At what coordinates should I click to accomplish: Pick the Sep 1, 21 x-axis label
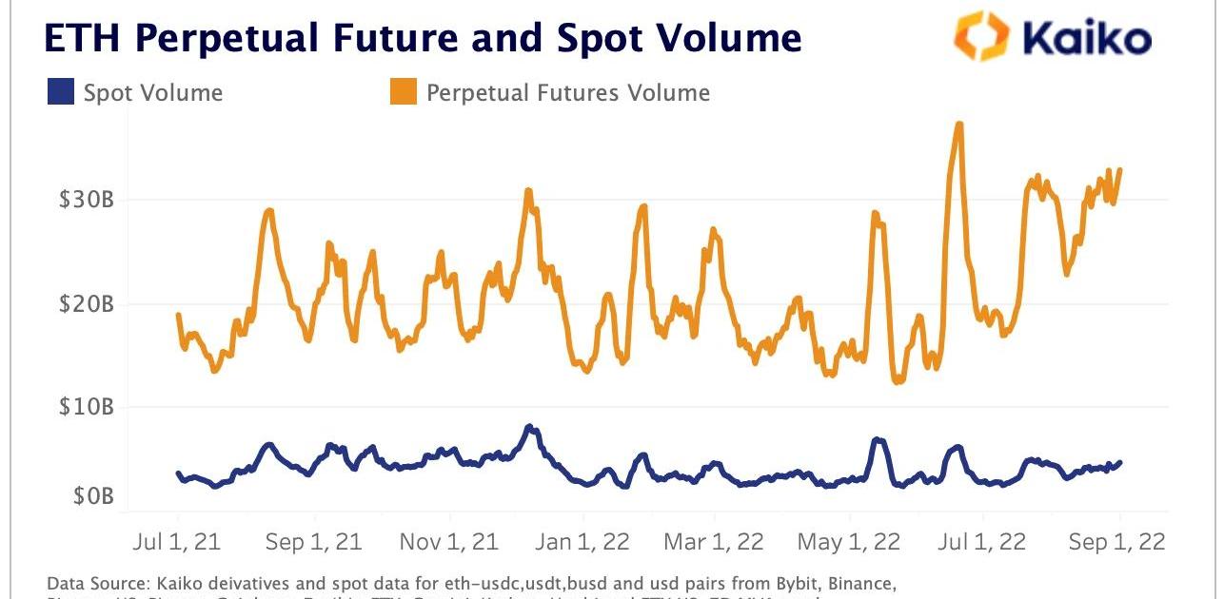pos(313,542)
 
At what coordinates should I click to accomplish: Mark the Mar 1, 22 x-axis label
pos(714,542)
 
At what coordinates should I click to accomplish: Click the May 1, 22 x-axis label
pos(849,542)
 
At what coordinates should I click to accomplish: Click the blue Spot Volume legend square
pos(60,92)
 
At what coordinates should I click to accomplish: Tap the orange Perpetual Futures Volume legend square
pos(403,92)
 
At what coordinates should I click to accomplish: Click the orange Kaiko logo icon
pos(980,37)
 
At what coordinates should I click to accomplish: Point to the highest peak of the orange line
pos(959,124)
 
